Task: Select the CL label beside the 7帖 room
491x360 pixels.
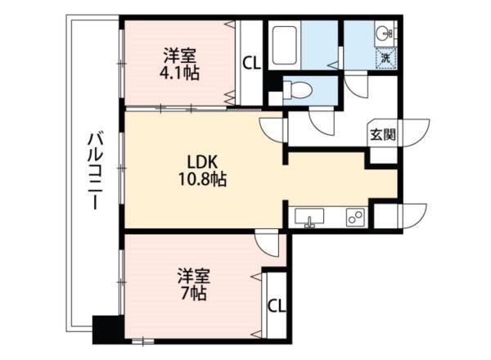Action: pyautogui.click(x=277, y=305)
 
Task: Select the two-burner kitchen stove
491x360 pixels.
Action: pyautogui.click(x=356, y=217)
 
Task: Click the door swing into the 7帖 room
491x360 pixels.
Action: pyautogui.click(x=267, y=242)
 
